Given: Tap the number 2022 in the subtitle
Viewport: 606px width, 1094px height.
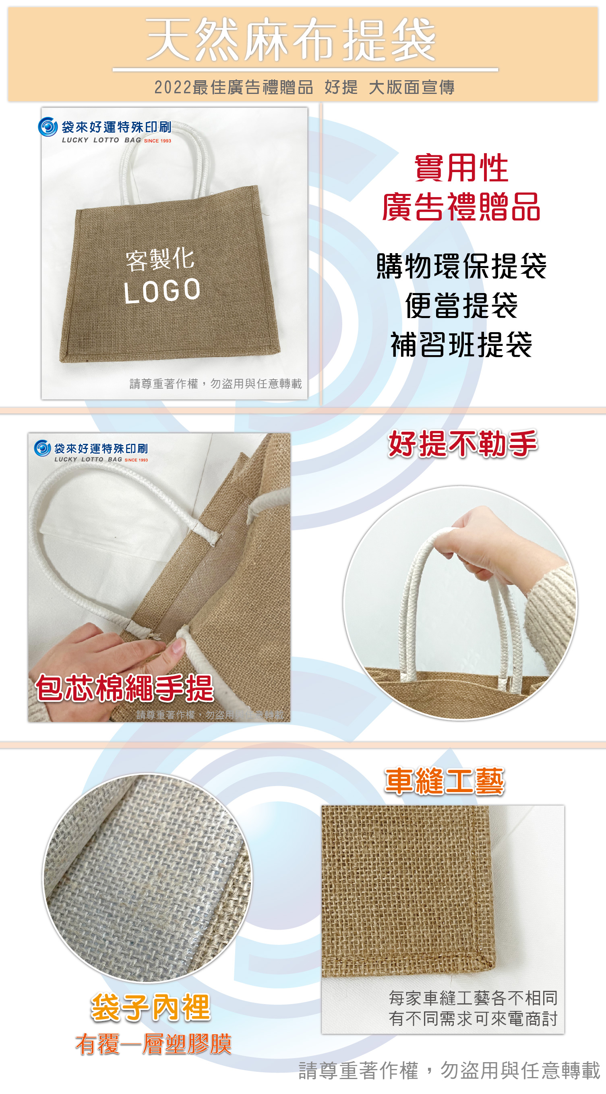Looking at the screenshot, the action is [x=173, y=87].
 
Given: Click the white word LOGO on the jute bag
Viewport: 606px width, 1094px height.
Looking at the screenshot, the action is [x=162, y=291].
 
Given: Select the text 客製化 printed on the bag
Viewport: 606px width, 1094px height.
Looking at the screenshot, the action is [x=160, y=259].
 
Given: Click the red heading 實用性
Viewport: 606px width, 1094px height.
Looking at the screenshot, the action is [x=461, y=168].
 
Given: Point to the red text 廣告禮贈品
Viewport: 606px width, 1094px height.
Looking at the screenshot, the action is [x=461, y=206].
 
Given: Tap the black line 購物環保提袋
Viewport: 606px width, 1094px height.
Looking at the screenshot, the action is [x=461, y=266].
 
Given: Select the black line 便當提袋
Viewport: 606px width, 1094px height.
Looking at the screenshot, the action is [x=461, y=306].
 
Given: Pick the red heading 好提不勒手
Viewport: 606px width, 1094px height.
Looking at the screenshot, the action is [x=463, y=444].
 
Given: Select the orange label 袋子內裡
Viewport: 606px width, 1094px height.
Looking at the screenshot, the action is [x=151, y=1007].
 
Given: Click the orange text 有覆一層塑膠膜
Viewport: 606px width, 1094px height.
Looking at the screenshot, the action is [x=154, y=1044].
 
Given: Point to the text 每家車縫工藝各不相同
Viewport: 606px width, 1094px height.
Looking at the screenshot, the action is [x=473, y=998].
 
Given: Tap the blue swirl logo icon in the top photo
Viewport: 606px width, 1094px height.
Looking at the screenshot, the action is [x=48, y=127].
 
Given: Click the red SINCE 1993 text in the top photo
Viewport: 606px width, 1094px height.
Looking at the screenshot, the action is [x=157, y=141].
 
